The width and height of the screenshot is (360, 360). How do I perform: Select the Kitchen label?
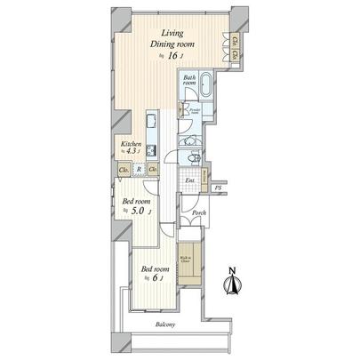coord(132,142)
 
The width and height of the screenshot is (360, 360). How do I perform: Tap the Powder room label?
coord(193,113)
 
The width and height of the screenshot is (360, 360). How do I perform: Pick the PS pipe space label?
coord(218,189)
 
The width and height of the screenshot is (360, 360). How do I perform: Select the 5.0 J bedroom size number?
coord(140,212)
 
